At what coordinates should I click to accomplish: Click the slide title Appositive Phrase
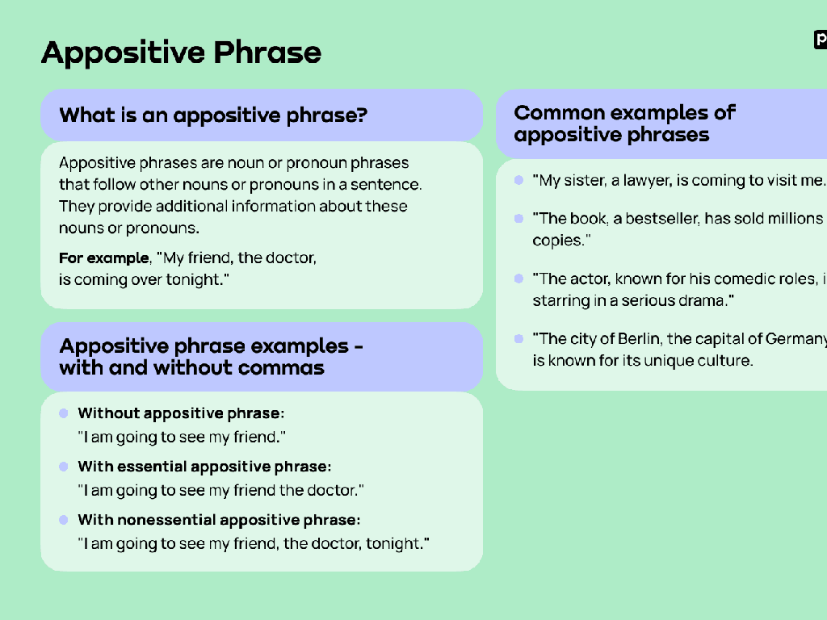pos(181,53)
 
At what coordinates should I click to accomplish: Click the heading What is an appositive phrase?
pos(213,115)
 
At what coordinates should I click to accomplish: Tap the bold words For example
pos(103,258)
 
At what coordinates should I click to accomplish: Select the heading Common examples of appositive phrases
pos(623,124)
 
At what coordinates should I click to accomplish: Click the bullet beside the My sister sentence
pos(518,180)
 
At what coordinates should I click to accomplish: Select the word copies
pos(556,241)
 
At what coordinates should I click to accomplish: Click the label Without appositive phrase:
pos(181,413)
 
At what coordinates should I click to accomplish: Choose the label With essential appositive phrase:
pos(204,467)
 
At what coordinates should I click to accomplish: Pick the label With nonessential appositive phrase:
pos(219,520)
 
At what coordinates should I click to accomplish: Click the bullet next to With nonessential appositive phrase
pos(64,520)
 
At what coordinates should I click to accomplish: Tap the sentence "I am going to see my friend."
pos(183,438)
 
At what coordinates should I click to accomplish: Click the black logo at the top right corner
pos(821,40)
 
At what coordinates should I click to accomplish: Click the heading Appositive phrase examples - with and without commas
pos(210,357)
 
